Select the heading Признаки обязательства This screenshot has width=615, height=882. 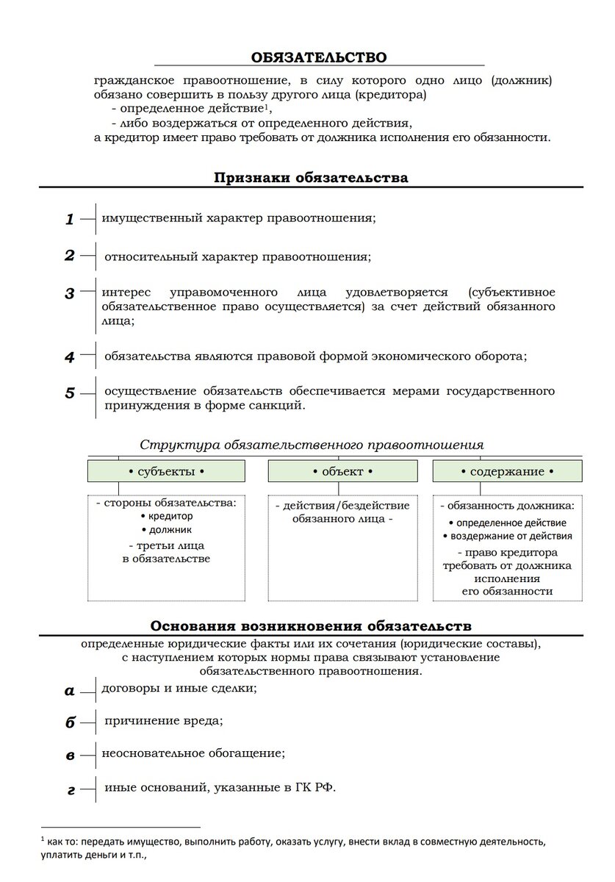311,177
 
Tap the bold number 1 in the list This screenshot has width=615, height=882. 70,219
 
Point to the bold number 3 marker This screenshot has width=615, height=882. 70,294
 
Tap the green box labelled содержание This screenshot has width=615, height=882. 507,471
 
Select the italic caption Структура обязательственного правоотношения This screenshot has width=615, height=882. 312,445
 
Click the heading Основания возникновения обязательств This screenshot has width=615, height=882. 311,626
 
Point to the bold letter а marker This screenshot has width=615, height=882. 70,690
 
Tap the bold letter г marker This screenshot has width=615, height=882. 71,791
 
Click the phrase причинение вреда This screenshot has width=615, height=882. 164,720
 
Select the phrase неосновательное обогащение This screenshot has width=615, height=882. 193,753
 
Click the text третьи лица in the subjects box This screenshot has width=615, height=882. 166,546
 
